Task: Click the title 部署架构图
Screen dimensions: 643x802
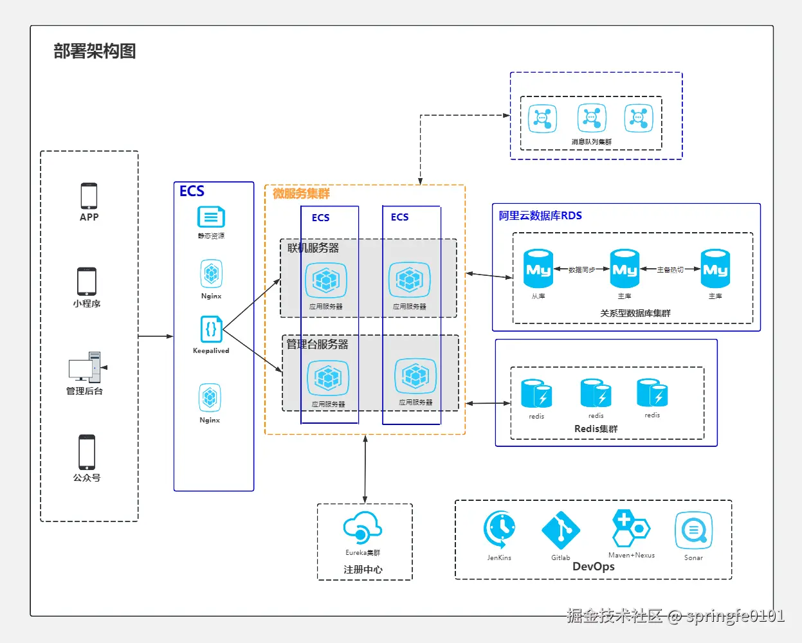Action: tap(95, 51)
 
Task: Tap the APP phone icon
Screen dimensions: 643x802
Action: tap(89, 195)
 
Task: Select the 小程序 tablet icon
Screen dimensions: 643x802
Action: tap(87, 282)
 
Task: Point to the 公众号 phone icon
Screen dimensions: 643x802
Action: tap(87, 452)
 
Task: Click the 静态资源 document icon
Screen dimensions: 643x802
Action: tap(211, 217)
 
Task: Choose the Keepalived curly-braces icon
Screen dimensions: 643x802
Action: tap(211, 329)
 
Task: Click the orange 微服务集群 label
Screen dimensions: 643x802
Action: tap(301, 194)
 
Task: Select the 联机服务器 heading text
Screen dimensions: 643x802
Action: tap(313, 248)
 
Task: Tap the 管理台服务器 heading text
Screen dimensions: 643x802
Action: tap(317, 344)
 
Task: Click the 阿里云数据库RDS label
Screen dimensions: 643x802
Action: tap(540, 215)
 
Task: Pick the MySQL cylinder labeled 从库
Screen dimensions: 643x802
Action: tap(538, 269)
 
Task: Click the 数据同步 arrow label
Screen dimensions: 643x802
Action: tap(581, 270)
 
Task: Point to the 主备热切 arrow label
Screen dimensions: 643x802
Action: tap(670, 270)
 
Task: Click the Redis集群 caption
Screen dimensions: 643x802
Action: tap(596, 429)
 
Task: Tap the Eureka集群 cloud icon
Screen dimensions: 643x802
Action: tap(363, 529)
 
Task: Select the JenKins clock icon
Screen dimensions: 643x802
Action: tap(500, 530)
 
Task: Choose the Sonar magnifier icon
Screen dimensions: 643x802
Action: tap(693, 530)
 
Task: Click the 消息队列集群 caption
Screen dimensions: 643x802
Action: tap(591, 142)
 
